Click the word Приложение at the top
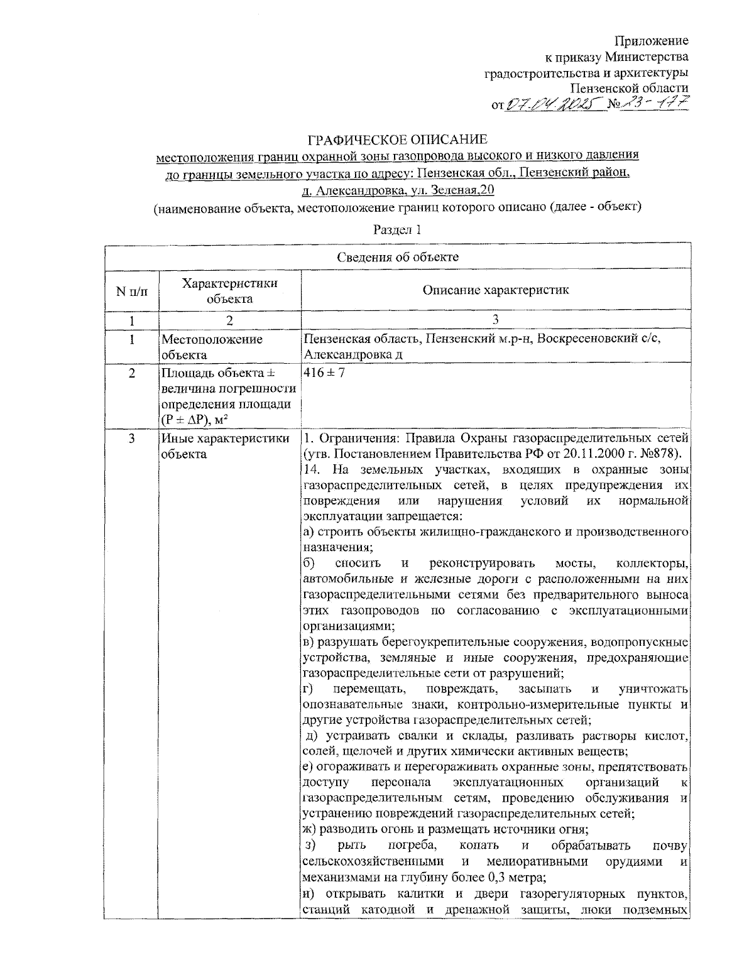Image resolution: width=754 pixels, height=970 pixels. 651,41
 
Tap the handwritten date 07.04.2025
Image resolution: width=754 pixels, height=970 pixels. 550,103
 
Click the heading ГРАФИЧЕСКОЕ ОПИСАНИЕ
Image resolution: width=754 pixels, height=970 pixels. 397,139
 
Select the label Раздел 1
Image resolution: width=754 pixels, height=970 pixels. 397,229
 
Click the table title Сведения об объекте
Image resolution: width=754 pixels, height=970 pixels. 397,257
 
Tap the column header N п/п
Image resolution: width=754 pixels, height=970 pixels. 132,292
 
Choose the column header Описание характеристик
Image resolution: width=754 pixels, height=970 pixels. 495,290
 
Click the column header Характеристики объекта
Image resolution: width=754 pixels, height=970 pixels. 230,291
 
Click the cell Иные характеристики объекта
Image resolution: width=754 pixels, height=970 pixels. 225,445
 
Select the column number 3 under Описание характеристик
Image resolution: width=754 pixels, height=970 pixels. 495,320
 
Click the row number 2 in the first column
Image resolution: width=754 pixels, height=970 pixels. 132,373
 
